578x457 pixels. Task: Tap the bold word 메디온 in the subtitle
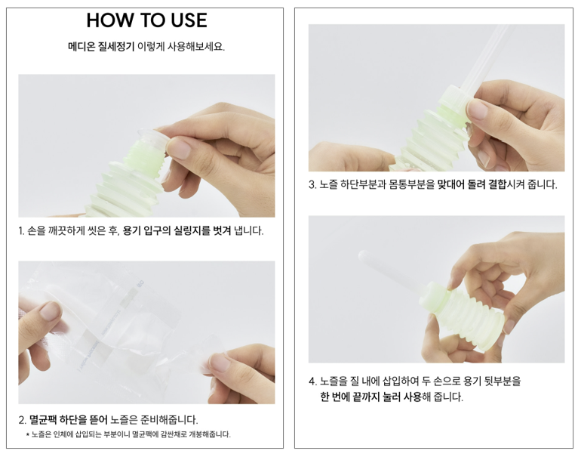click(81, 47)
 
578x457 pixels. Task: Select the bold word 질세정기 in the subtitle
click(116, 47)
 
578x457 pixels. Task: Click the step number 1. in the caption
click(21, 231)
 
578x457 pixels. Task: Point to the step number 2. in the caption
click(22, 420)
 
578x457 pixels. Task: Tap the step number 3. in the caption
click(312, 184)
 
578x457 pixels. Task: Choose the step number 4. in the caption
click(312, 381)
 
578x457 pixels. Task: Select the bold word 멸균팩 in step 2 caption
click(43, 420)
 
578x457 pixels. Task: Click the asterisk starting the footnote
click(28, 434)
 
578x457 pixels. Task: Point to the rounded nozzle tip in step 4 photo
click(364, 255)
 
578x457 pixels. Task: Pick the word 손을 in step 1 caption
click(36, 231)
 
